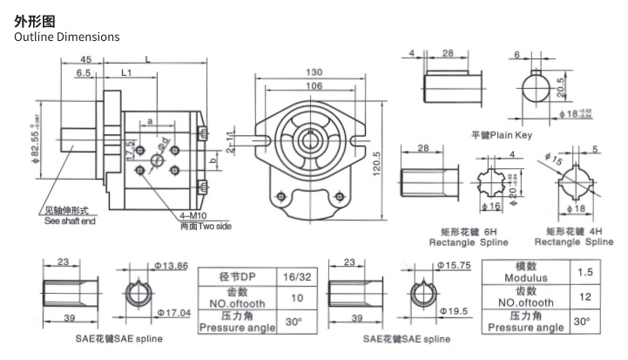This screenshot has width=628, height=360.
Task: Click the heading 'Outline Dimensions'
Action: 67,37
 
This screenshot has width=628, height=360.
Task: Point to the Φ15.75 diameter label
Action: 453,262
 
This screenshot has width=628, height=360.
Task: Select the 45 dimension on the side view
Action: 85,59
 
